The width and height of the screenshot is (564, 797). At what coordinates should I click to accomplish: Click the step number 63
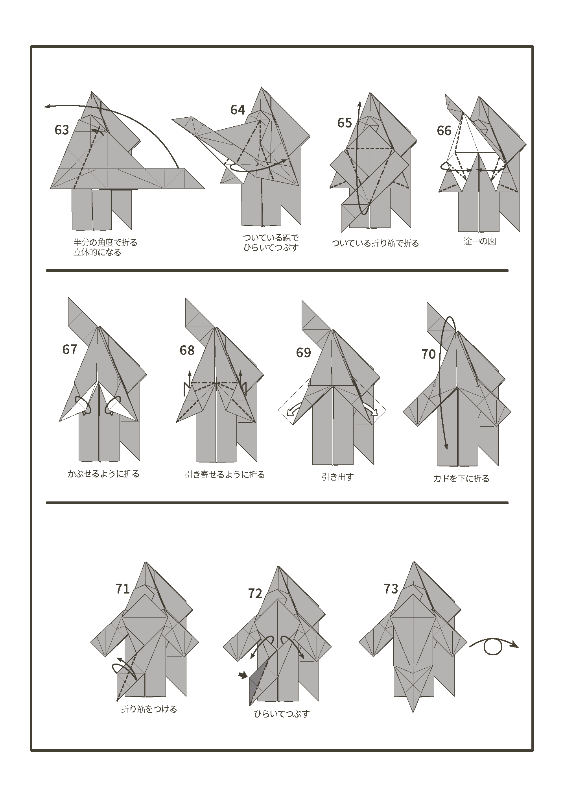click(x=62, y=130)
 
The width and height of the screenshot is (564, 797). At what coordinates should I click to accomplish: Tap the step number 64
click(x=238, y=110)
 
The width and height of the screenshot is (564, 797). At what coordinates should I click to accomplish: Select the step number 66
click(x=444, y=131)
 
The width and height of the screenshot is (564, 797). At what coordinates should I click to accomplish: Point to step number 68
click(x=187, y=350)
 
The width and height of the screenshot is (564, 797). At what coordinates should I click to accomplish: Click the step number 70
click(x=428, y=354)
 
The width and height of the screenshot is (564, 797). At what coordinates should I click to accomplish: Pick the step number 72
click(x=255, y=594)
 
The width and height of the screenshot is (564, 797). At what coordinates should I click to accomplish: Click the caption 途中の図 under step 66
click(x=479, y=241)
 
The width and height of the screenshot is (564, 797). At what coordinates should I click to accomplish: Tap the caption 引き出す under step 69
click(x=337, y=477)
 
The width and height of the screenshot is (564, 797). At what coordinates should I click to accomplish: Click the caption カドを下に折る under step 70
click(x=461, y=479)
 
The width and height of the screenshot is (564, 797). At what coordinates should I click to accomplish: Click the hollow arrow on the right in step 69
click(x=374, y=412)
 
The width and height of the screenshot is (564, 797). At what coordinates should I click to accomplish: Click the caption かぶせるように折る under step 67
click(x=103, y=474)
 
